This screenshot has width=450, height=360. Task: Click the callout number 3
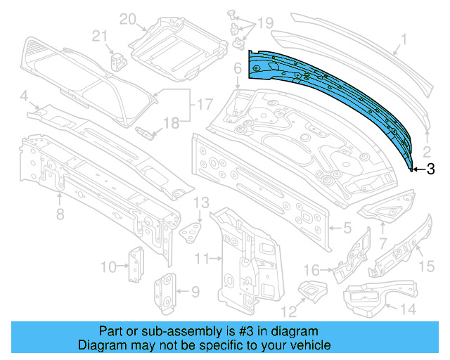(x=430, y=168)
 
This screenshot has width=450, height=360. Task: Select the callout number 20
(x=127, y=20)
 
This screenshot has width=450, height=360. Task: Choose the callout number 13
(x=202, y=202)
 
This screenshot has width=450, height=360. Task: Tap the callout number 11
(x=202, y=259)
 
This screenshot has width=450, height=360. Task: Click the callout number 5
(x=347, y=228)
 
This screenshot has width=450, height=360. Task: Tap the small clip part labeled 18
(x=144, y=132)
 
